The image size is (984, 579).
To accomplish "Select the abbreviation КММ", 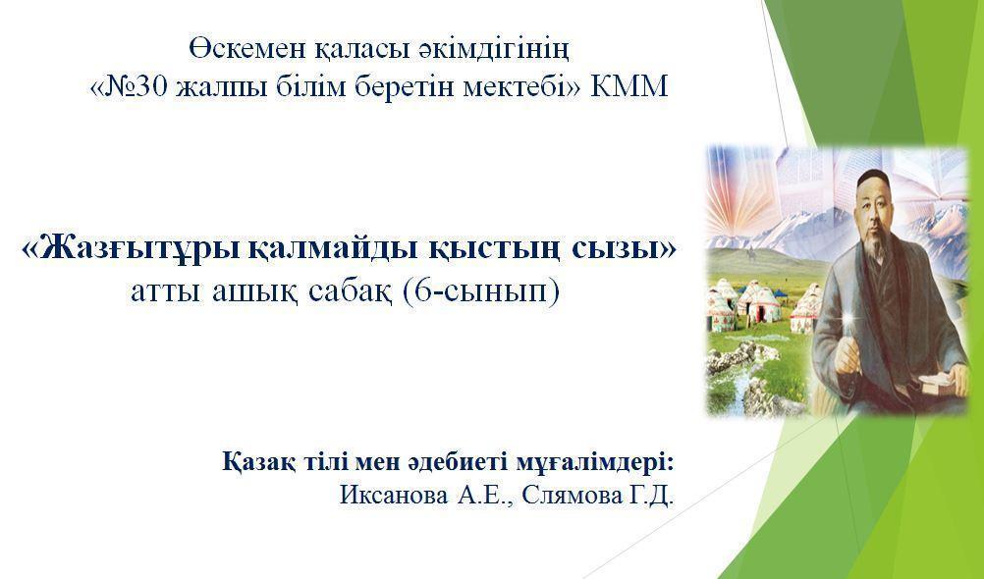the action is [x=629, y=87].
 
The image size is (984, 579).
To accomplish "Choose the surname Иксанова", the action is [x=394, y=496].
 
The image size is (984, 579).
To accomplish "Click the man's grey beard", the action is [x=879, y=246].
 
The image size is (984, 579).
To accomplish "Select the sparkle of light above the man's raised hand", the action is [x=848, y=322].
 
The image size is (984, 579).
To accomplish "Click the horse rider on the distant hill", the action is [x=750, y=255].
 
